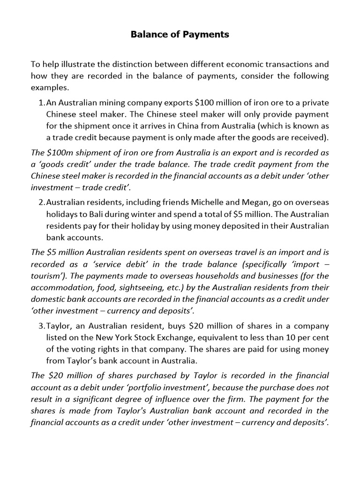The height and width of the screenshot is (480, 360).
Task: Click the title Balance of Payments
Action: point(180,35)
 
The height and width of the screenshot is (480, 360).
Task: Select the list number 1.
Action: point(41,103)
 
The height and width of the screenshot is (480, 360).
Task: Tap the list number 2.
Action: point(41,202)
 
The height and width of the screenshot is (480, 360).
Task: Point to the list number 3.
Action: point(41,326)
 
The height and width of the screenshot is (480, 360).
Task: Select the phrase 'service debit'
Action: point(106,264)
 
